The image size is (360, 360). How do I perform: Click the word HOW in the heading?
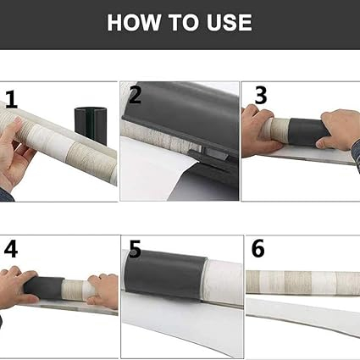[x=134, y=22]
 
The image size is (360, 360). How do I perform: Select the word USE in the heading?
[x=229, y=22]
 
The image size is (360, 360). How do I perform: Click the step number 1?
[x=12, y=100]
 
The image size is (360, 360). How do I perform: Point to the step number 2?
[x=135, y=95]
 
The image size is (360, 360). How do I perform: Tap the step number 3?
[x=261, y=95]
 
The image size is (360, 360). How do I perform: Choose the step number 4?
[x=11, y=249]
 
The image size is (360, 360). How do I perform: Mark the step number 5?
[x=135, y=249]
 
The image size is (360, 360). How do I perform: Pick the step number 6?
[x=258, y=248]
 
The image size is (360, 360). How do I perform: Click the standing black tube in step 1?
[x=91, y=125]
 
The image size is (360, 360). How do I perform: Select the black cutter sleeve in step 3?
[x=307, y=132]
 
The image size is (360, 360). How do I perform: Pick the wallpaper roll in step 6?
[x=302, y=283]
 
